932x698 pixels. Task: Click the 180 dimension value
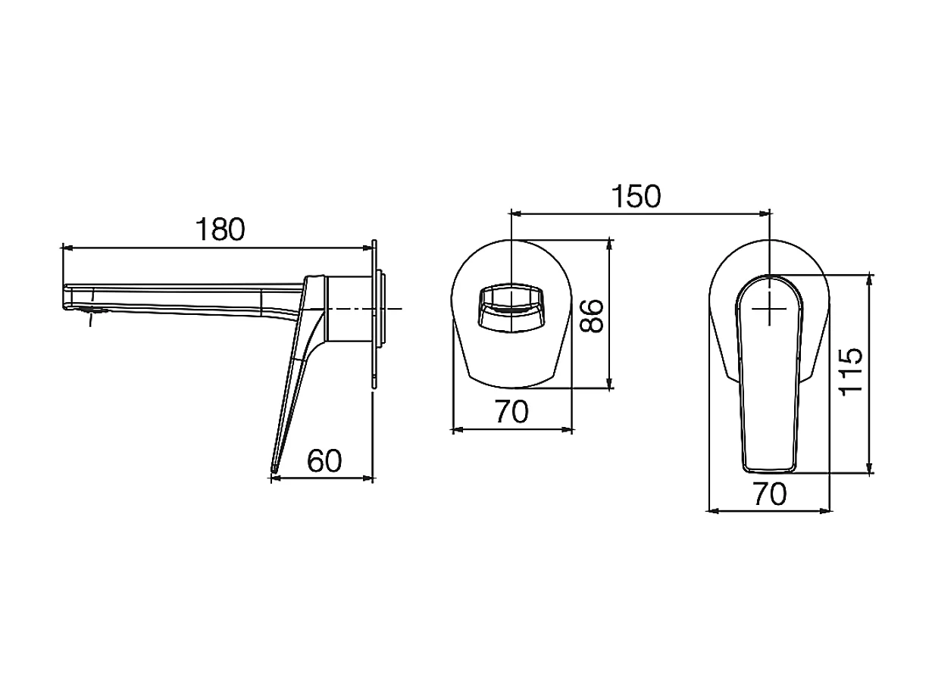point(220,229)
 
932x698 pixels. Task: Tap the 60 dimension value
point(324,460)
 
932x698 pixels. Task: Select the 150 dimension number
point(637,196)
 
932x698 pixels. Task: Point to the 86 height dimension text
point(592,316)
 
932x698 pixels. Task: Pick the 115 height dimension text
point(852,372)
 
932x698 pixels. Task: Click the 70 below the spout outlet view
point(511,413)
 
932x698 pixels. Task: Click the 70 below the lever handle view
point(770,494)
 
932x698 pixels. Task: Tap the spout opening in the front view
point(511,308)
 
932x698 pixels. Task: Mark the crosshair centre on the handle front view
point(770,310)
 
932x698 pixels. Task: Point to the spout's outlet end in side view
point(68,298)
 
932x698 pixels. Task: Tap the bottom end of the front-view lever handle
point(770,464)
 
